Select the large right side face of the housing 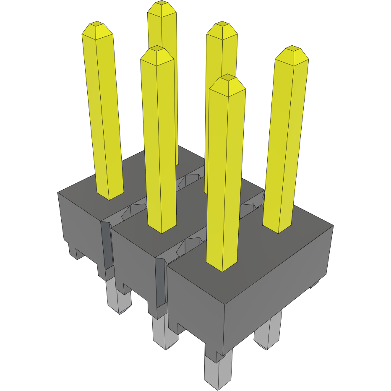point(279,289)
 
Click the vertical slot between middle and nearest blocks point(161,283)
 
